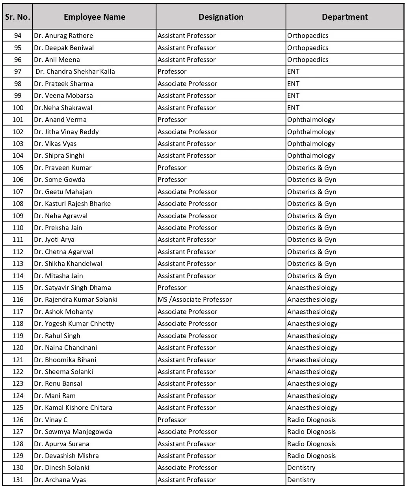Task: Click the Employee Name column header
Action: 94,17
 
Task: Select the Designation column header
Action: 221,17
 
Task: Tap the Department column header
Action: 344,17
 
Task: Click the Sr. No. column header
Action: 18,17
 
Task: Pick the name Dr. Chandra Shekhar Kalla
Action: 75,71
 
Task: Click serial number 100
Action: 18,108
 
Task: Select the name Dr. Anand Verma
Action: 60,120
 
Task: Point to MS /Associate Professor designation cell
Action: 195,299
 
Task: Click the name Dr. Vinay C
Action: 51,420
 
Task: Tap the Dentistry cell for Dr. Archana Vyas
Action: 301,480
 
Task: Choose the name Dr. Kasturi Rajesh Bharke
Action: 72,204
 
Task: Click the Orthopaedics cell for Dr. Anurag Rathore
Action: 307,36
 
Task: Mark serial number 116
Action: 18,299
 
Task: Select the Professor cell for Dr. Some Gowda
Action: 172,179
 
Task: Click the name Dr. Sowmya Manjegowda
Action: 73,432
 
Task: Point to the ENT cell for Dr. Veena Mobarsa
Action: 293,95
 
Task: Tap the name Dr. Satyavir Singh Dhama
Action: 72,288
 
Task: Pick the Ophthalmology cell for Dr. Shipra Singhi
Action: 310,155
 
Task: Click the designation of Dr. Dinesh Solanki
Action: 187,467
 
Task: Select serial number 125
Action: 18,408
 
